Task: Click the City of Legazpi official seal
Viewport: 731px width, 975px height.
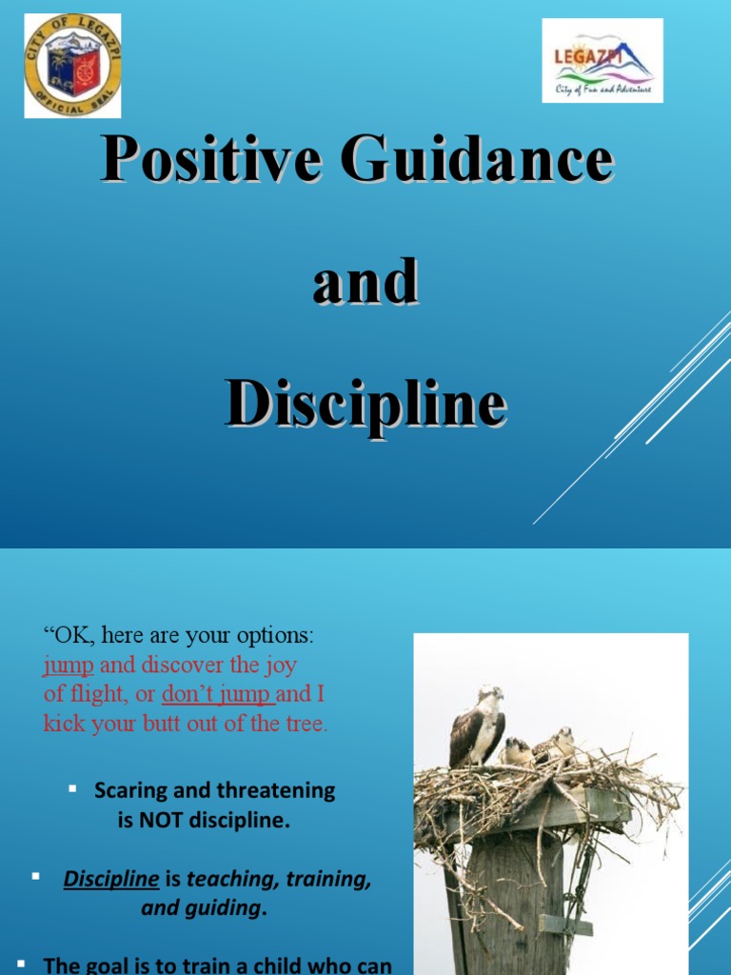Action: [72, 65]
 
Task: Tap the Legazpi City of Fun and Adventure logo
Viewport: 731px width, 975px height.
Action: [603, 60]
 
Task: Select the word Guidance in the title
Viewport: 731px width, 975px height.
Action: [478, 159]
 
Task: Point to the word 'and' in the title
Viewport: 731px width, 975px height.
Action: [365, 281]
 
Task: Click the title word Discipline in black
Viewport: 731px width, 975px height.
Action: [365, 403]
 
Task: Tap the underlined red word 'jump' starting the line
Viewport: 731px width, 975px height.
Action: [69, 665]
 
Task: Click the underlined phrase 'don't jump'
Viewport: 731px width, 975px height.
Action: [218, 694]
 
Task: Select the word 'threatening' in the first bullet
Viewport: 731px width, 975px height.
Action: [276, 790]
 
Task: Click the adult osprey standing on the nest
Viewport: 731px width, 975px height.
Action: [480, 726]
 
